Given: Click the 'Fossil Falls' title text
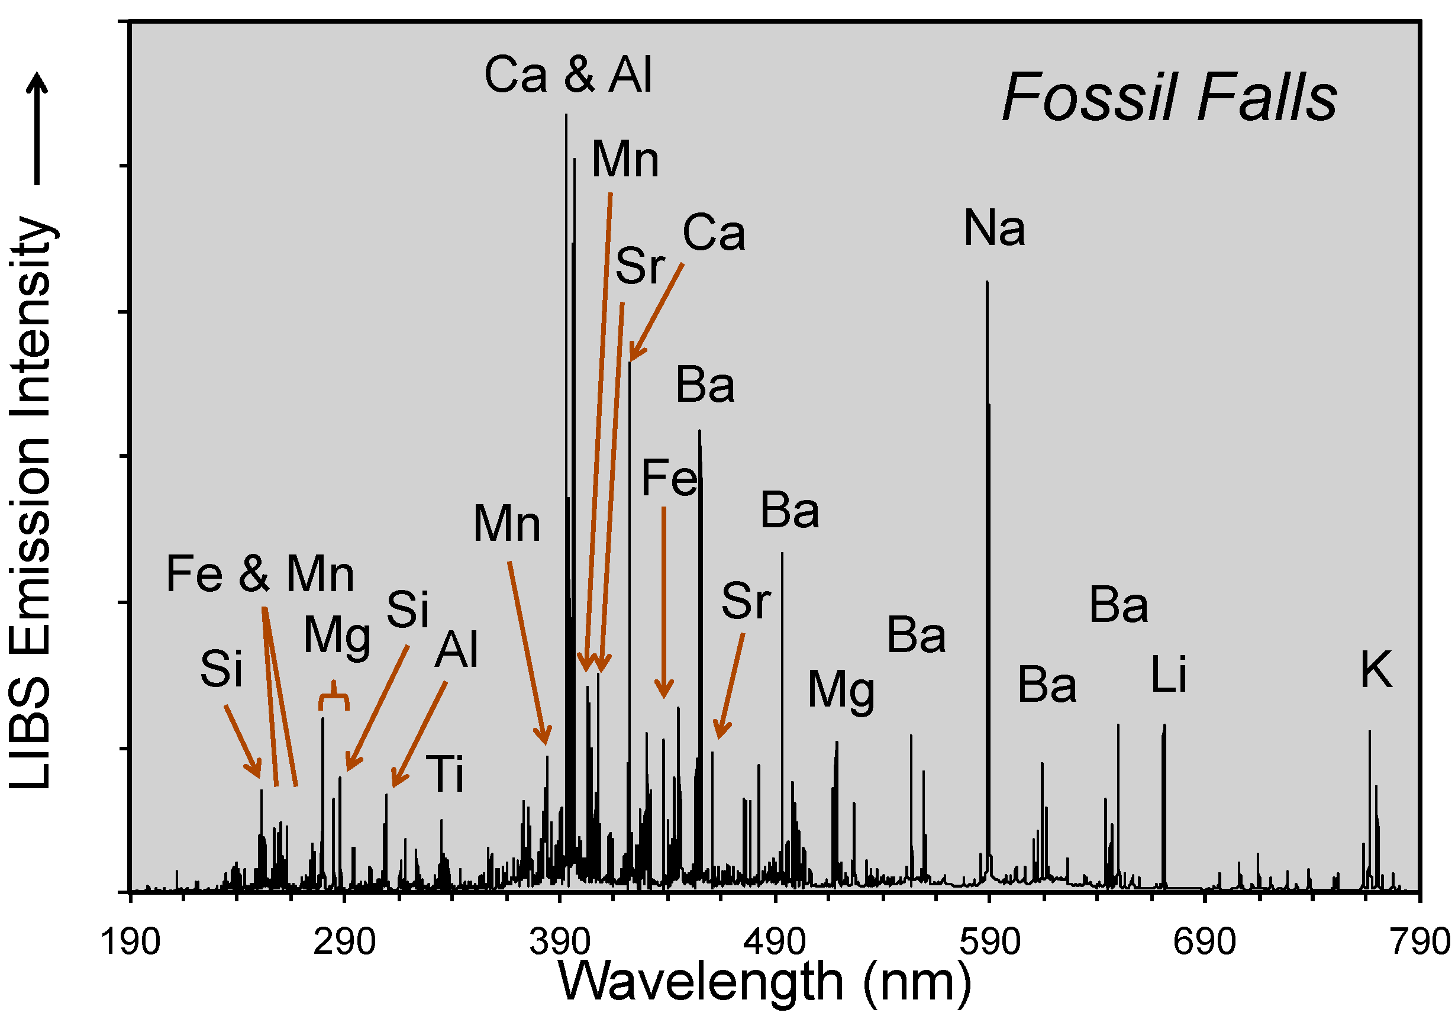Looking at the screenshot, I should (x=1169, y=98).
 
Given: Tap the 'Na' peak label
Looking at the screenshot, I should (x=994, y=228).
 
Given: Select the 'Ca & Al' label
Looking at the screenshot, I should (x=569, y=75).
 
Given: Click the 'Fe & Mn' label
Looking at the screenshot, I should (x=260, y=574).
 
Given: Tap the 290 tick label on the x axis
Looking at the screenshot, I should (x=344, y=942).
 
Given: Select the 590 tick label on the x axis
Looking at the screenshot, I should (x=989, y=942).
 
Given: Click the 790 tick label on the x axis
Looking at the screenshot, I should (x=1419, y=942).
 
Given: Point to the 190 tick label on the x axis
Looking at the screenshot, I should (x=131, y=942).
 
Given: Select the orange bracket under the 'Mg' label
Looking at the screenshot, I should (x=333, y=697).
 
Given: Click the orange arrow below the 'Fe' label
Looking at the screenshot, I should (x=664, y=601).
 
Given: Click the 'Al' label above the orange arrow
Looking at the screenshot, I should (x=456, y=650).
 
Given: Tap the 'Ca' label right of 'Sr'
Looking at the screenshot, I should (x=714, y=233).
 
